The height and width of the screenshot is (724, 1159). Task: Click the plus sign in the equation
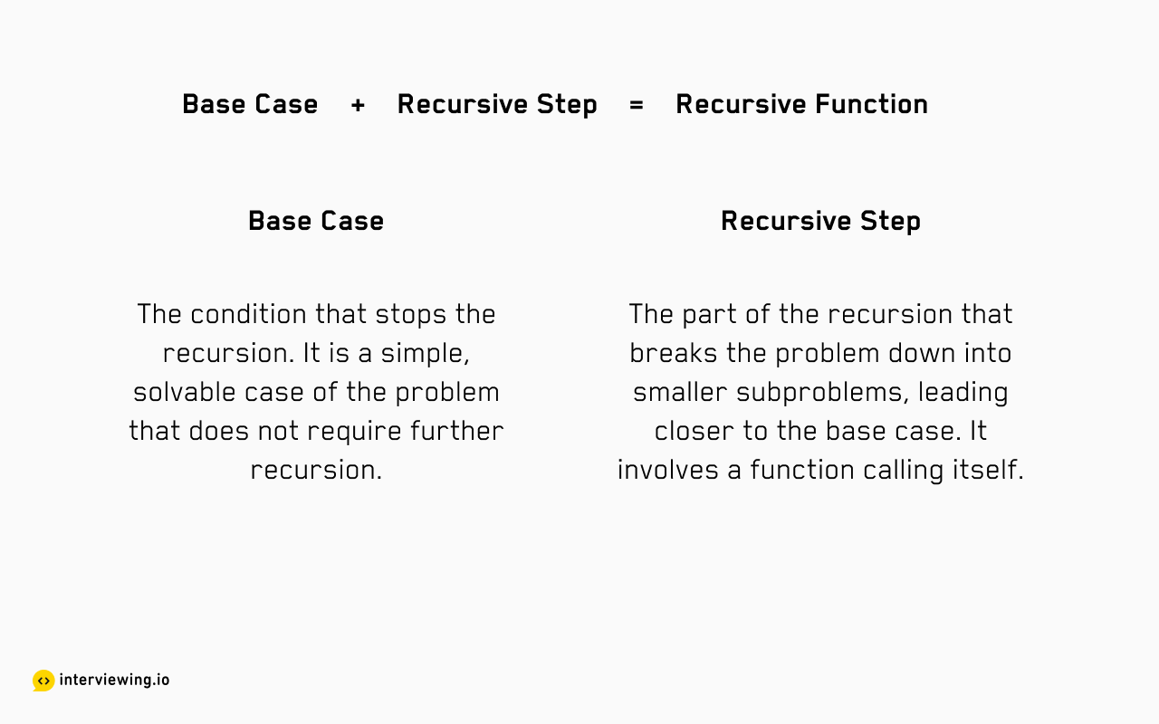(358, 105)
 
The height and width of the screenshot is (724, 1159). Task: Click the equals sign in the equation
(637, 105)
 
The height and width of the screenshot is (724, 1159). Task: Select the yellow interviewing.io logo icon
(43, 680)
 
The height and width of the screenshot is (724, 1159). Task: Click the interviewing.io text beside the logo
(114, 680)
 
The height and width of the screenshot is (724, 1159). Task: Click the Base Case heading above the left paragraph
(316, 222)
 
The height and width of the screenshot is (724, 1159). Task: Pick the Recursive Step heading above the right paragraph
(820, 222)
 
